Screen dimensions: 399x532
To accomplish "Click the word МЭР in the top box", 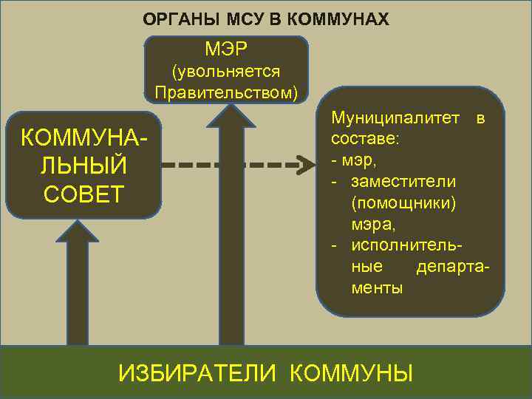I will tap(226, 51).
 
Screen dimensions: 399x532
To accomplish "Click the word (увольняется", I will tap(226, 72).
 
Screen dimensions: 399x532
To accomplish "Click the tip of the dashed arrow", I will tap(307, 164).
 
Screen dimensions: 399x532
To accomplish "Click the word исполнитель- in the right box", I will tap(412, 245).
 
